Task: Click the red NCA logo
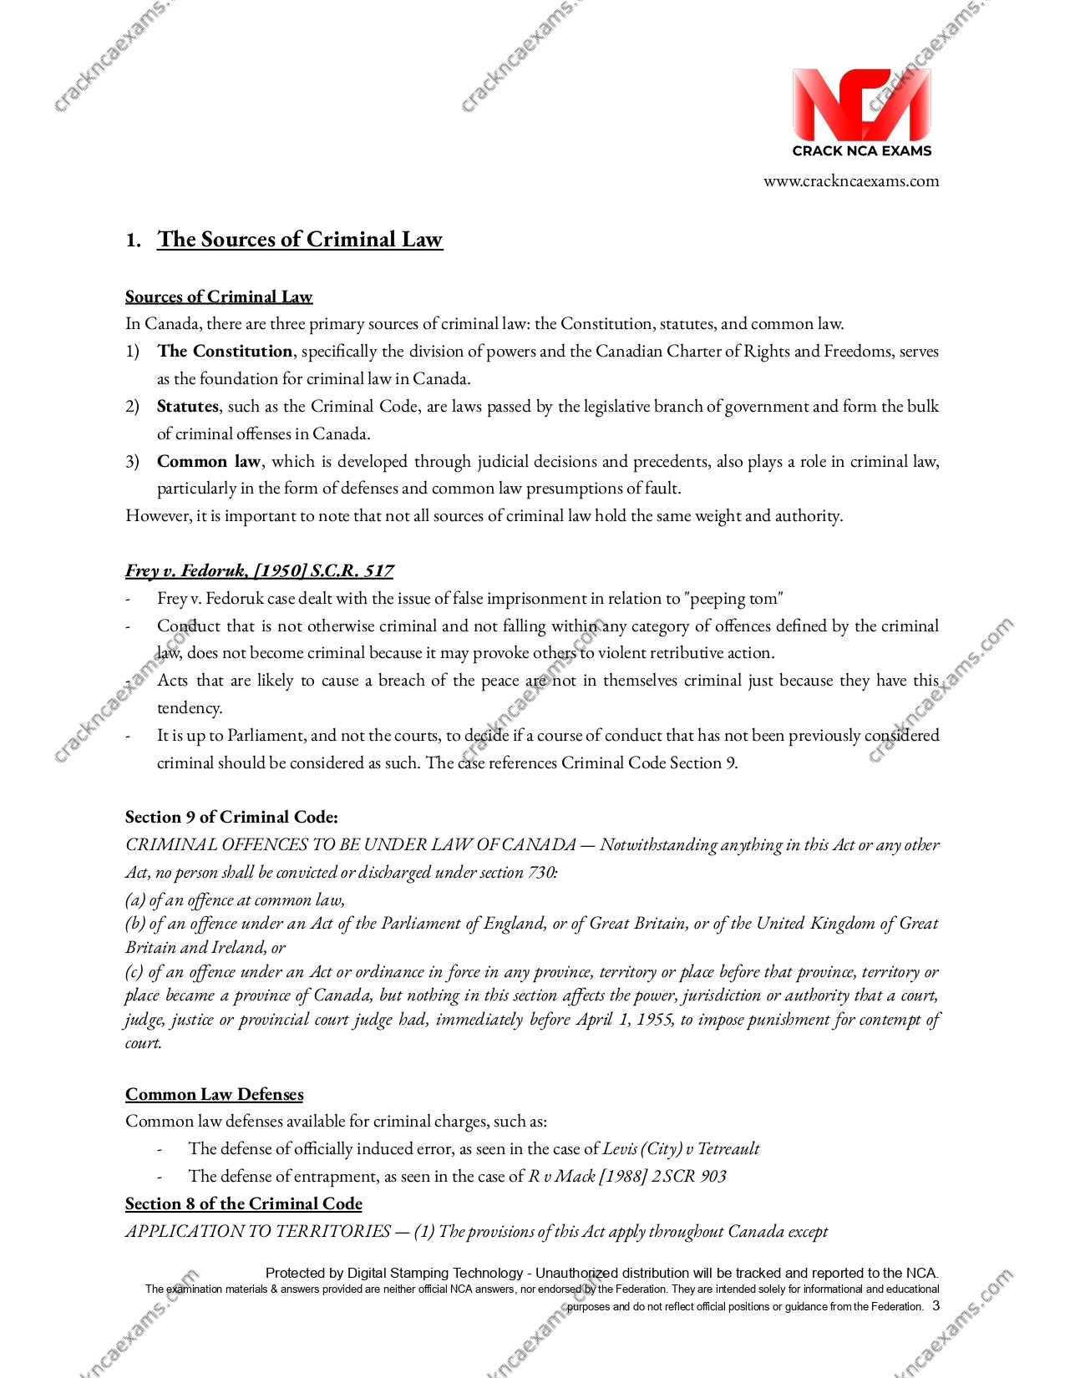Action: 861,105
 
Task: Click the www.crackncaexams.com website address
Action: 850,181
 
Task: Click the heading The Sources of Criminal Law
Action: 299,240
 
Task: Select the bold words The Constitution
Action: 225,352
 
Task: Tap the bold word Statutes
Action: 187,407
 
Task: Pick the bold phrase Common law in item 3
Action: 209,462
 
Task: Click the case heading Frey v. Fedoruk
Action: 259,571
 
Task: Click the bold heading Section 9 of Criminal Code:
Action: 231,818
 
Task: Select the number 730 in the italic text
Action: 540,873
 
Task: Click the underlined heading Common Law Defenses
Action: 214,1095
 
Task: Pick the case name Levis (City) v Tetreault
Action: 681,1149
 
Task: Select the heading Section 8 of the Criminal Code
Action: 243,1204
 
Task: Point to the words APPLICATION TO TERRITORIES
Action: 258,1232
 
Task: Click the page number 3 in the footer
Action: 936,1306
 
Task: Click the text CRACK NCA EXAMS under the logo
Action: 861,151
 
